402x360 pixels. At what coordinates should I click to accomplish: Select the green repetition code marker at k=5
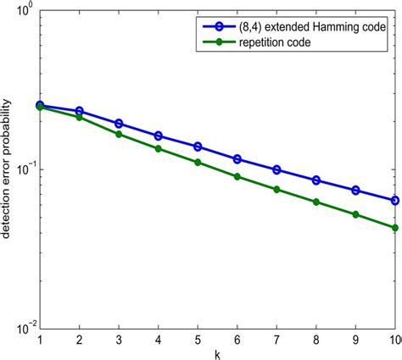coord(198,162)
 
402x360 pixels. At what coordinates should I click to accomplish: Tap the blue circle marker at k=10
coord(395,201)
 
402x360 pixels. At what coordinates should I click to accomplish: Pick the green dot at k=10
coord(395,227)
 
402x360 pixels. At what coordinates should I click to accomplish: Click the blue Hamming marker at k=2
coord(79,111)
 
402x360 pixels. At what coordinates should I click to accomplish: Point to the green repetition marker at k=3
coord(119,134)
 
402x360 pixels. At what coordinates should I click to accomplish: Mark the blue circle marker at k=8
coord(316,180)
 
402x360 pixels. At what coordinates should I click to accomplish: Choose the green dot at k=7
coord(276,189)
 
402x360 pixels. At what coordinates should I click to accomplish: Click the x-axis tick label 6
coord(237,340)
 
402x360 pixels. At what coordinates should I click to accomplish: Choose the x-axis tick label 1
coord(40,340)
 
